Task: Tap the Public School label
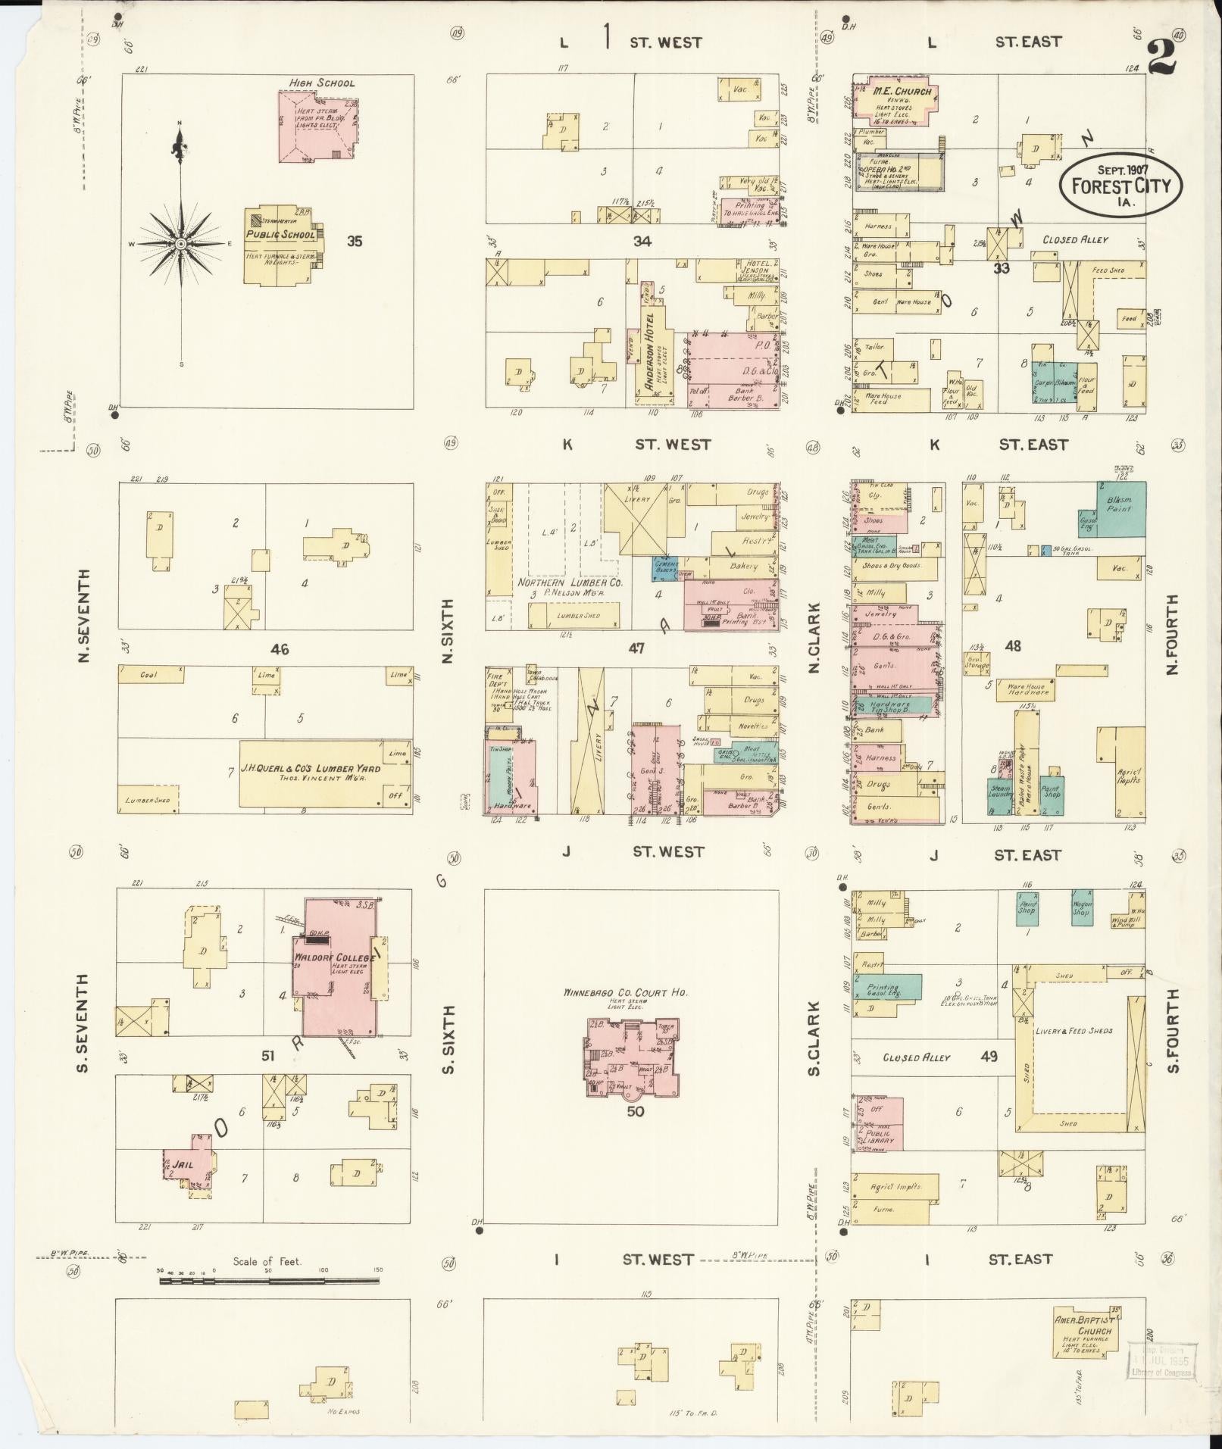click(280, 235)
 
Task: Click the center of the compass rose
click(181, 244)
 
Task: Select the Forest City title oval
click(1120, 186)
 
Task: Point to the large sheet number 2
click(1161, 57)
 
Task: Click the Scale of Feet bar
click(269, 1281)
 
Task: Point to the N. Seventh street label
click(83, 615)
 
